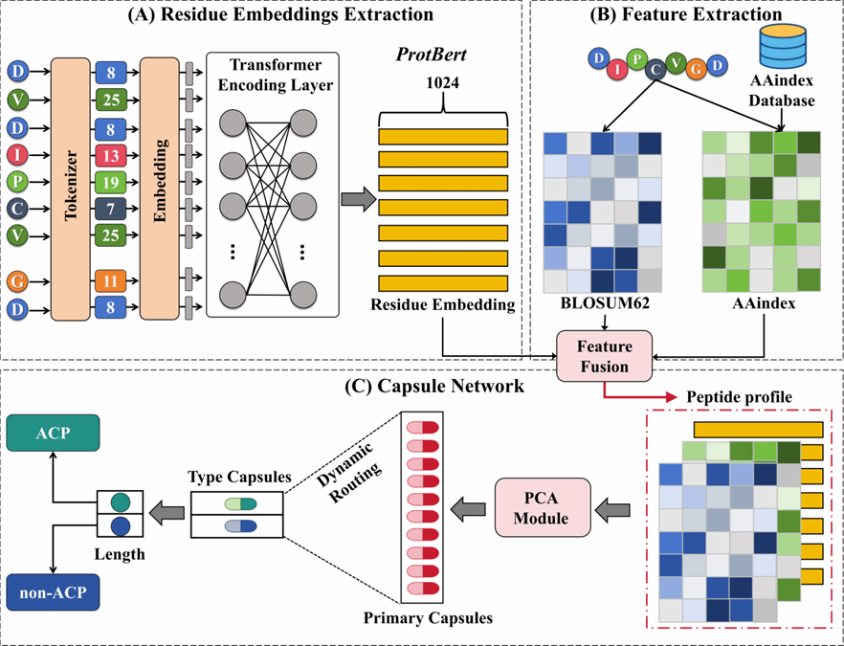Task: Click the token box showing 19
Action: coord(110,180)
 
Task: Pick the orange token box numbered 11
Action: coord(110,280)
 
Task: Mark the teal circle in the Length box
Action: coord(120,501)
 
